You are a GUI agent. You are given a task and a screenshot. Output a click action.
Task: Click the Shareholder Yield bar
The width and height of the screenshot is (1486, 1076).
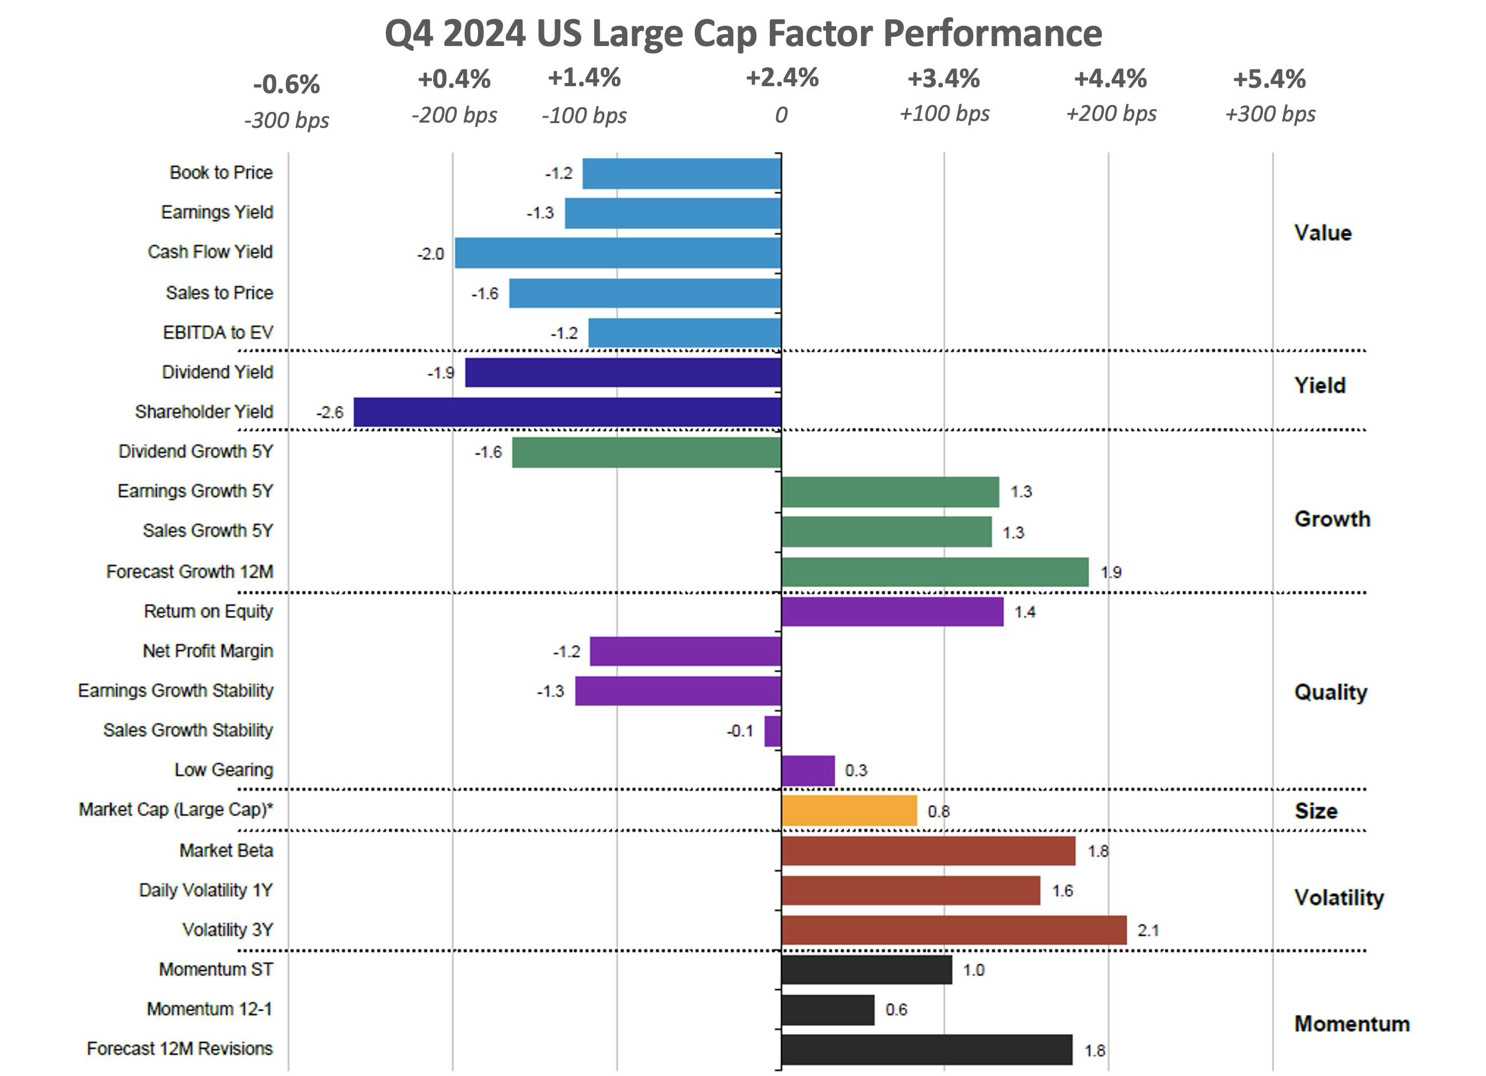point(567,412)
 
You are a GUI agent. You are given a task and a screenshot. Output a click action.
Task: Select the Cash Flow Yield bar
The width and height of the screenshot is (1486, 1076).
point(618,253)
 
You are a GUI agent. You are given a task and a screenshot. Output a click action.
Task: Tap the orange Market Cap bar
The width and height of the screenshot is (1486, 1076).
point(849,810)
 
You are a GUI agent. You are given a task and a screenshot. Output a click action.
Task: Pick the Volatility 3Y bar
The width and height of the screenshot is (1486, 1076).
point(954,930)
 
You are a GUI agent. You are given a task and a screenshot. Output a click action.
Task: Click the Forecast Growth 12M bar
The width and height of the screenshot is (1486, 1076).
point(935,572)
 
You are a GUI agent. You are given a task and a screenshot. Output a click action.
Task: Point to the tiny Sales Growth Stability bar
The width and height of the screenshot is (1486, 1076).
point(773,731)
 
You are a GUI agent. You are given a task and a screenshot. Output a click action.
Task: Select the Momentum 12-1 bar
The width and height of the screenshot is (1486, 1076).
point(828,1010)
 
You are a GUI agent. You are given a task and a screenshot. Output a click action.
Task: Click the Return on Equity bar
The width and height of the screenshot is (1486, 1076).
point(892,611)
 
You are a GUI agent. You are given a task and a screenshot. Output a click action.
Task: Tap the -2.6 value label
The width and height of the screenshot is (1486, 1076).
point(330,412)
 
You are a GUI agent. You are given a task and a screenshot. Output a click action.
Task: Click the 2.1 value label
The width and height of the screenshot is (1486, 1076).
point(1148,930)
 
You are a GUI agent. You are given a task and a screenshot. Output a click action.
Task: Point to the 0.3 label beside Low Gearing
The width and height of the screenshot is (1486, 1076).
point(856,771)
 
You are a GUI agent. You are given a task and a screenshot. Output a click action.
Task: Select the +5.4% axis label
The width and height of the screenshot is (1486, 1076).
point(1269,79)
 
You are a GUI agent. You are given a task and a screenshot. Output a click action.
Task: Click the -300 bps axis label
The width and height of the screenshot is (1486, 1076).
point(286,120)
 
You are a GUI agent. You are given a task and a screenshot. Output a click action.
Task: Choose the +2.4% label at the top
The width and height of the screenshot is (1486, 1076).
point(782,78)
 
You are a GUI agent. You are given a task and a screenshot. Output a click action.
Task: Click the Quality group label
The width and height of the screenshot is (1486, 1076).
point(1331,692)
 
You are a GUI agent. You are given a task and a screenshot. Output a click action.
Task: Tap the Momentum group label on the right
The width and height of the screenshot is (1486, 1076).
point(1352,1024)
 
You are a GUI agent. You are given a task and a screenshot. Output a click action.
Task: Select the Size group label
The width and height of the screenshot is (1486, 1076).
point(1316,811)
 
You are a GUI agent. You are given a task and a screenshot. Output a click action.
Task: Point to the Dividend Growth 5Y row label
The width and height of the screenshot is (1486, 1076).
point(195,451)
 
